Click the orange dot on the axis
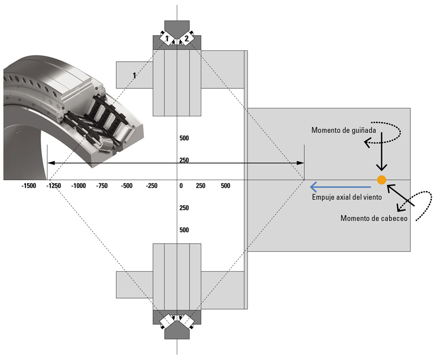tap(381, 179)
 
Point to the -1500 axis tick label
tap(29, 186)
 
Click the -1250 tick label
tap(53, 186)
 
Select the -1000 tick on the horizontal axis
tap(78, 186)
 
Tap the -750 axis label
tap(103, 186)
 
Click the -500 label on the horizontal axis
tap(127, 186)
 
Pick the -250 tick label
tap(152, 186)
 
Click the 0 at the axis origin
tap(181, 186)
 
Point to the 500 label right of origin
tap(226, 186)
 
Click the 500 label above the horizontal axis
tap(184, 138)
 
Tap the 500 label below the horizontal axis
tap(184, 230)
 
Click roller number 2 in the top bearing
tap(187, 38)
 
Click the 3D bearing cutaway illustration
tap(71, 112)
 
